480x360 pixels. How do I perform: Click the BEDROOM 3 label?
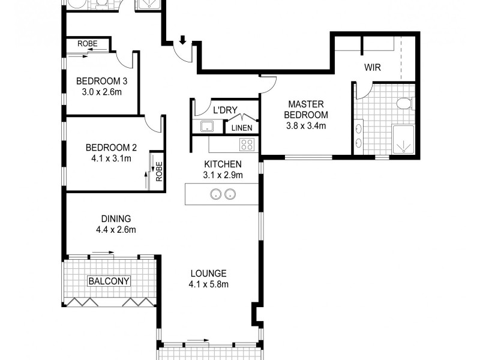pyautogui.click(x=101, y=82)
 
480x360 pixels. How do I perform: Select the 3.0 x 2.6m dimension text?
pyautogui.click(x=101, y=92)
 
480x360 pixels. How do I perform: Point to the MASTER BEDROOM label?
pyautogui.click(x=306, y=109)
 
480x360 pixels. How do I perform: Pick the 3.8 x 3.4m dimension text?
pyautogui.click(x=306, y=126)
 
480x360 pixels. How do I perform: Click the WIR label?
pyautogui.click(x=372, y=68)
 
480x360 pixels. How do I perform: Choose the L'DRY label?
pyautogui.click(x=226, y=110)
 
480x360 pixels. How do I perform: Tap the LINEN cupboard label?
pyautogui.click(x=242, y=128)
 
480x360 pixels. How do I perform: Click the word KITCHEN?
pyautogui.click(x=223, y=164)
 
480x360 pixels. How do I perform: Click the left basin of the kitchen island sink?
pyautogui.click(x=214, y=194)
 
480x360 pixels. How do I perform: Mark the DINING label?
pyautogui.click(x=116, y=219)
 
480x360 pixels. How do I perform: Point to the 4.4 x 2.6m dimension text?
pyautogui.click(x=116, y=230)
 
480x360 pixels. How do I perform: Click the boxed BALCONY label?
pyautogui.click(x=109, y=281)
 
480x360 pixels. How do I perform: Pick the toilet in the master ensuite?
pyautogui.click(x=405, y=103)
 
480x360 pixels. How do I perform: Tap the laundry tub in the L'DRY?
pyautogui.click(x=207, y=127)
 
